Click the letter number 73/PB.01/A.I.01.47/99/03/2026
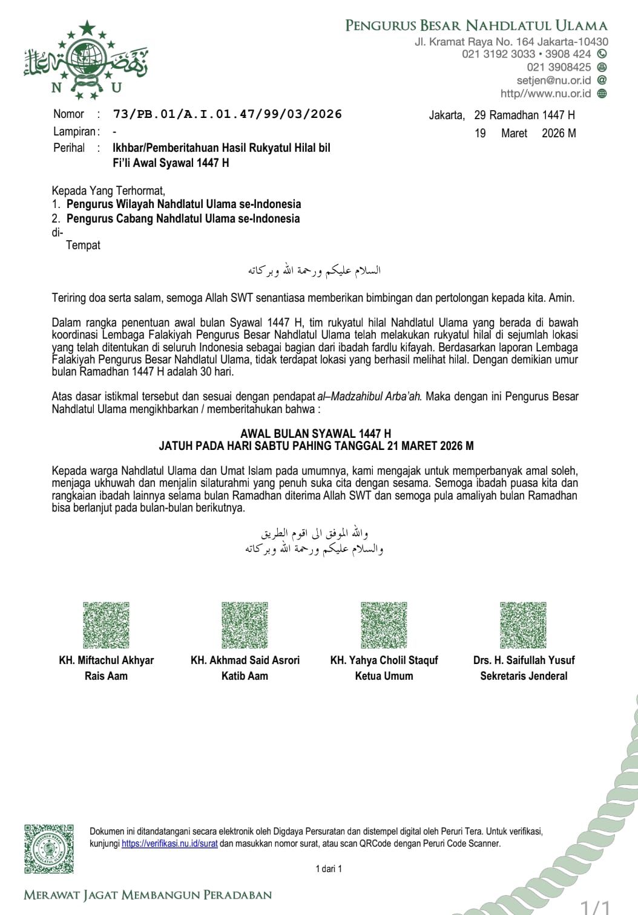click(x=227, y=114)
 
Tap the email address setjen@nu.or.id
click(x=553, y=80)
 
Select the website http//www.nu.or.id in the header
click(x=545, y=94)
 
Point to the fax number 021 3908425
click(x=559, y=67)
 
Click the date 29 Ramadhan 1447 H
click(x=524, y=115)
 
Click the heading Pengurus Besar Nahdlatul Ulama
click(x=476, y=25)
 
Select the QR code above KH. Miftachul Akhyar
click(x=107, y=625)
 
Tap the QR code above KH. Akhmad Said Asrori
click(x=245, y=625)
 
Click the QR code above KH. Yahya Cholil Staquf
click(x=384, y=625)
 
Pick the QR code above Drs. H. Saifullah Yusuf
click(x=524, y=625)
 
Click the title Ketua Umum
click(x=384, y=676)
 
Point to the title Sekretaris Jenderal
click(x=524, y=676)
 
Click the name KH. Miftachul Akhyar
click(x=107, y=660)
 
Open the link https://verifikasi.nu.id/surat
click(x=169, y=844)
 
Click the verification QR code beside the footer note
click(x=49, y=848)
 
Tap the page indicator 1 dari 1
click(x=329, y=869)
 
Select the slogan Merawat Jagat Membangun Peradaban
click(x=148, y=895)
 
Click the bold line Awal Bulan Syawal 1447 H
click(x=315, y=434)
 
